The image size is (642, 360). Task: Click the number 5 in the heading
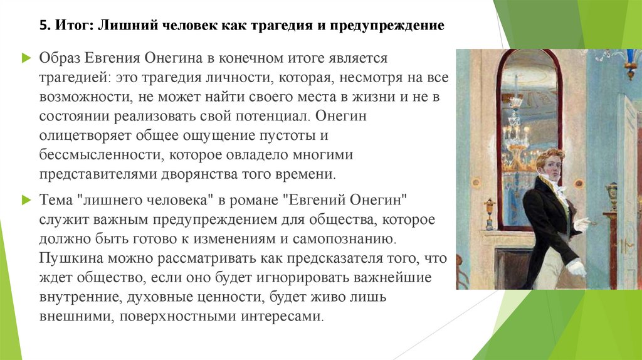click(x=42, y=26)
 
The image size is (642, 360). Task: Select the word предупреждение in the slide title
click(x=392, y=26)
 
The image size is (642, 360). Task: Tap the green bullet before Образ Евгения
click(x=26, y=58)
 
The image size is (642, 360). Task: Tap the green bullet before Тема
click(x=26, y=199)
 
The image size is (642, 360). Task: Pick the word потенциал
click(x=276, y=117)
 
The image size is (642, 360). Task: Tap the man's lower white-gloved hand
click(x=576, y=268)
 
